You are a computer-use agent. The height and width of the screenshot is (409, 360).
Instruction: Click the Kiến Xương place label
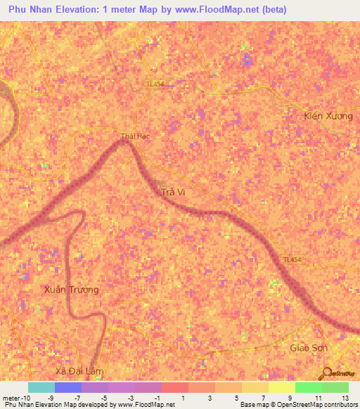coord(328,115)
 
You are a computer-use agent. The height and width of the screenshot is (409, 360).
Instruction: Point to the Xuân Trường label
coord(71,290)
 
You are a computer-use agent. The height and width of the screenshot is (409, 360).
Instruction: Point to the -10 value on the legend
coord(17,398)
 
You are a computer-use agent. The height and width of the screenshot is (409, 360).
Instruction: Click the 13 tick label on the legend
coord(344,398)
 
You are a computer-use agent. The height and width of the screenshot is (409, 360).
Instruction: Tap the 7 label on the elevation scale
coord(263,398)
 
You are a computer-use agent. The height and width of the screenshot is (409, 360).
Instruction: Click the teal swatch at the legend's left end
coord(41,387)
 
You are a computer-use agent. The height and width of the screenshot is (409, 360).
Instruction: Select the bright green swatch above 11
coord(309,387)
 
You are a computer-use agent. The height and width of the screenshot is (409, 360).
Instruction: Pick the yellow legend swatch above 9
coord(282,387)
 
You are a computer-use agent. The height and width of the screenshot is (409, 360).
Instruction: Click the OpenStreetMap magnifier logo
coord(326,373)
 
